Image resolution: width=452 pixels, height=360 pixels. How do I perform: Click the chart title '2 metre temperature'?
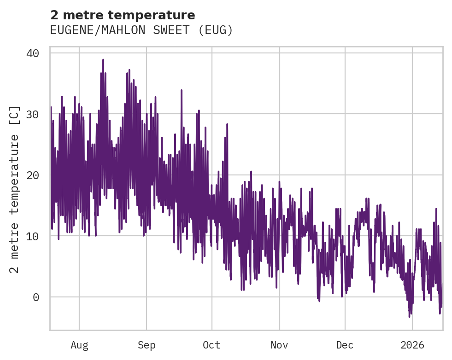(x=123, y=15)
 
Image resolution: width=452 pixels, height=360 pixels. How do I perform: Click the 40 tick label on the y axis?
(x=32, y=53)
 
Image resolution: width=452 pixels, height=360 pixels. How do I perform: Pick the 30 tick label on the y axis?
(x=32, y=114)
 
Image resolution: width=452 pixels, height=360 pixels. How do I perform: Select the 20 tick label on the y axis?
(x=32, y=175)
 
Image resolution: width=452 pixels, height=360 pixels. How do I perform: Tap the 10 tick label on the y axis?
(x=32, y=236)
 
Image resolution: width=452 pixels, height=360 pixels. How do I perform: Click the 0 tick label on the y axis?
(x=36, y=297)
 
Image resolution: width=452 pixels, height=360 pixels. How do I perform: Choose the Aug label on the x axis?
(x=79, y=345)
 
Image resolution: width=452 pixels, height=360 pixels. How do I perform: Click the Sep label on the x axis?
(x=147, y=345)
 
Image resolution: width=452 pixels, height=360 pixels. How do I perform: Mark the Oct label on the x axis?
(x=211, y=345)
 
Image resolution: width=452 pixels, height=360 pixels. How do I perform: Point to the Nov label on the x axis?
(x=279, y=345)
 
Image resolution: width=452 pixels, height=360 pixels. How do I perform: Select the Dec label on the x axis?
(x=345, y=345)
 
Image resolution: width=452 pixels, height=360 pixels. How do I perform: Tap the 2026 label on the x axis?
(x=412, y=345)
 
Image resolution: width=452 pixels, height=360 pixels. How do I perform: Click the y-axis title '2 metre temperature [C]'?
(x=15, y=190)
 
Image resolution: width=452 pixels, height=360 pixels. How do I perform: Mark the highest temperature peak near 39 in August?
(x=103, y=60)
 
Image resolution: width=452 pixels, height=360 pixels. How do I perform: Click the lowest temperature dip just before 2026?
(x=409, y=316)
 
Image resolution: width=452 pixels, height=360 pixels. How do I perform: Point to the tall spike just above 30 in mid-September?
(x=182, y=91)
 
